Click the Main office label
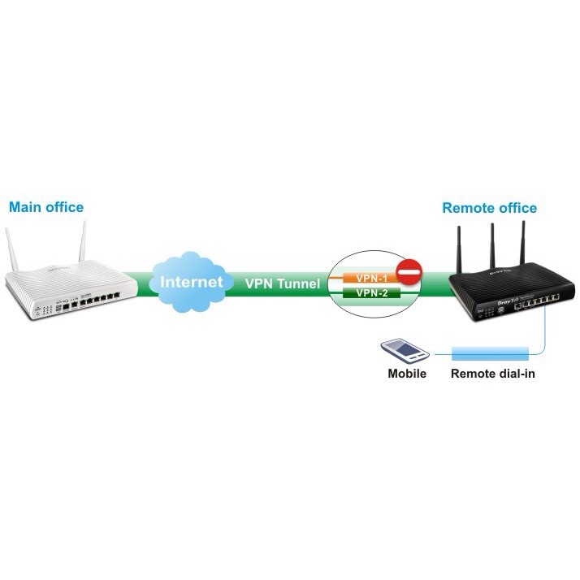(46, 207)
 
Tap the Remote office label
(489, 208)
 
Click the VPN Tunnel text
(282, 284)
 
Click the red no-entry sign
(410, 271)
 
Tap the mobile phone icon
(404, 351)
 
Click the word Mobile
(406, 375)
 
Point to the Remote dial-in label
(493, 375)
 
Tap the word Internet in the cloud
(192, 283)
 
